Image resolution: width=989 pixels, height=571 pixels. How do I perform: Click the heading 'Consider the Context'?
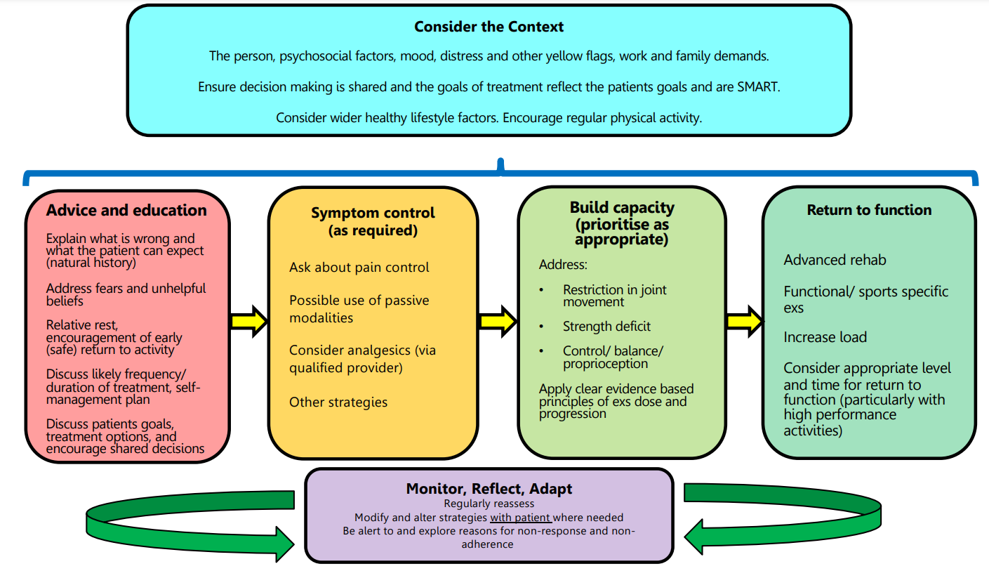point(489,27)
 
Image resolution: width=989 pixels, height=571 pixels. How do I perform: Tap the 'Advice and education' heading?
point(126,211)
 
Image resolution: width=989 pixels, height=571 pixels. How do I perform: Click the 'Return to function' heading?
point(869,210)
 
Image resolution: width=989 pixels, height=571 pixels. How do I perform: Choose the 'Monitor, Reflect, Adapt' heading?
point(489,489)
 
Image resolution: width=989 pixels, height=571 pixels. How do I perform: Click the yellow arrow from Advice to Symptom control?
point(248,322)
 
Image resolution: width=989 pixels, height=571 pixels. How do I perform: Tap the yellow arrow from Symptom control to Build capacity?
point(498,322)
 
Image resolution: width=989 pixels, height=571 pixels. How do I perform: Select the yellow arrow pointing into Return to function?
point(744,322)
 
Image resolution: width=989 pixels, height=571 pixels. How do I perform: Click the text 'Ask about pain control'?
point(359,268)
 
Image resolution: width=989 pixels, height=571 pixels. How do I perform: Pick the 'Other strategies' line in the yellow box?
point(338,402)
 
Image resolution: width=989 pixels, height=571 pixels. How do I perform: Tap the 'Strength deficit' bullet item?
point(606,327)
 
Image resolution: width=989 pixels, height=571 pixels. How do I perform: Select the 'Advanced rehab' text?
point(835,260)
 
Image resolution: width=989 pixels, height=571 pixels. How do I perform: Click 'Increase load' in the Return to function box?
point(825,337)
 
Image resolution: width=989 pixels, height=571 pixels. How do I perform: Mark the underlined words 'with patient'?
point(520,518)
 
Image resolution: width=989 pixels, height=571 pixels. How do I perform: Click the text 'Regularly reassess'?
point(489,504)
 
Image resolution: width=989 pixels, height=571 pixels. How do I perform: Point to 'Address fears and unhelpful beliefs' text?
point(126,294)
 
